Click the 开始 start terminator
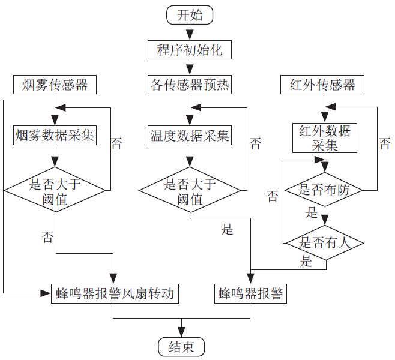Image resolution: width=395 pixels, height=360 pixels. click(x=190, y=15)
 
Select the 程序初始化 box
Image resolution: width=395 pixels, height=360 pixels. click(x=190, y=50)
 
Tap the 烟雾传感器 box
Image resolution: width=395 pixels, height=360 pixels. click(x=55, y=85)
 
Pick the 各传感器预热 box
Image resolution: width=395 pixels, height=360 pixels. click(x=190, y=85)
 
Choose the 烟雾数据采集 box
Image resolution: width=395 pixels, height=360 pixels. click(x=55, y=136)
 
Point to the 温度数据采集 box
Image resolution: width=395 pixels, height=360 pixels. click(x=190, y=136)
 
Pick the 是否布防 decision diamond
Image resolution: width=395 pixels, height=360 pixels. click(x=324, y=191)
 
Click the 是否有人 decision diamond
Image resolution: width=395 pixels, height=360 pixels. click(x=324, y=243)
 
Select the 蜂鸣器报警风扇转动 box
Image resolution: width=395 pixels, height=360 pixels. click(x=114, y=294)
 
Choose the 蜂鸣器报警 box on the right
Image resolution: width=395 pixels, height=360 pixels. click(x=251, y=294)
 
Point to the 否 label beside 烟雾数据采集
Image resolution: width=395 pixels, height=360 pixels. click(x=116, y=143)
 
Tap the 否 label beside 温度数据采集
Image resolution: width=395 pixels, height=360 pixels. click(x=255, y=143)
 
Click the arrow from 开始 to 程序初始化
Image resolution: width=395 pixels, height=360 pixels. click(x=190, y=32)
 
